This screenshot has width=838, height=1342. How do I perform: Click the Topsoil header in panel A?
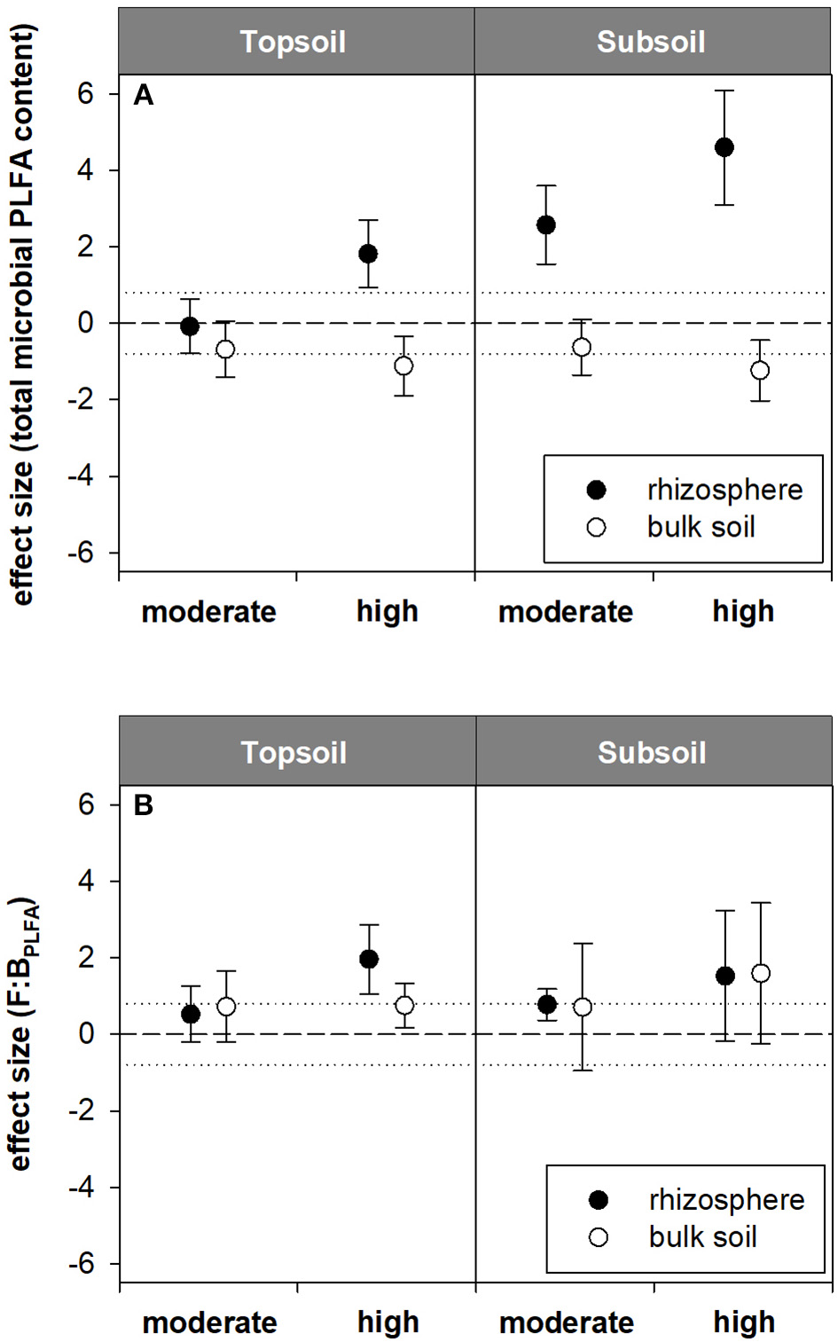tap(293, 42)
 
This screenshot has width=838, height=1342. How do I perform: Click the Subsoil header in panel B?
tap(652, 752)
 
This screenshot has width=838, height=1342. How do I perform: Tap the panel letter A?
tap(143, 95)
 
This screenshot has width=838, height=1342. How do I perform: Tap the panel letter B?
tap(143, 805)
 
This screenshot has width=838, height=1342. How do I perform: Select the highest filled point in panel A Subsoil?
tap(724, 147)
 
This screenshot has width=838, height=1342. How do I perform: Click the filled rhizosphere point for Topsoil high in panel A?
tap(368, 254)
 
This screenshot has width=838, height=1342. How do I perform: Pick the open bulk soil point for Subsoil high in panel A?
tap(760, 370)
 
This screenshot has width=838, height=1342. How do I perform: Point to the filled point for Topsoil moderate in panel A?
tap(190, 326)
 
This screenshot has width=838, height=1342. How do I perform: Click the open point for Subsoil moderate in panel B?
tap(582, 1007)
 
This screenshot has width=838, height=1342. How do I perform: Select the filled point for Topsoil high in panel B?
tap(369, 959)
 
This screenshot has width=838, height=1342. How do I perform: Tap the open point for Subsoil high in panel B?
tap(761, 973)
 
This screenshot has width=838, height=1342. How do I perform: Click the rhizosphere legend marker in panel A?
tap(597, 490)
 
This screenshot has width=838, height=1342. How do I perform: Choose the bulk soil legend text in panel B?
tap(702, 1236)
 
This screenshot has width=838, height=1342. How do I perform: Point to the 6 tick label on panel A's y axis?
tap(86, 93)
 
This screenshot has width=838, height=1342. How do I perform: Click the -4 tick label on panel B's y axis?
tap(82, 1187)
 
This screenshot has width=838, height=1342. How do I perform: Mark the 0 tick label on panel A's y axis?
tap(86, 323)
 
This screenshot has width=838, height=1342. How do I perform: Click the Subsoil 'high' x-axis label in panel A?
tap(743, 611)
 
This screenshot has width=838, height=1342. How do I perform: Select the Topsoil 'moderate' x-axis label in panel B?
tap(210, 1322)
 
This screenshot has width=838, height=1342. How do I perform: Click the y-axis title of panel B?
tap(22, 1033)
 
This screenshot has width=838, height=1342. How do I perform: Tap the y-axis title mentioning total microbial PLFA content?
tap(22, 315)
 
